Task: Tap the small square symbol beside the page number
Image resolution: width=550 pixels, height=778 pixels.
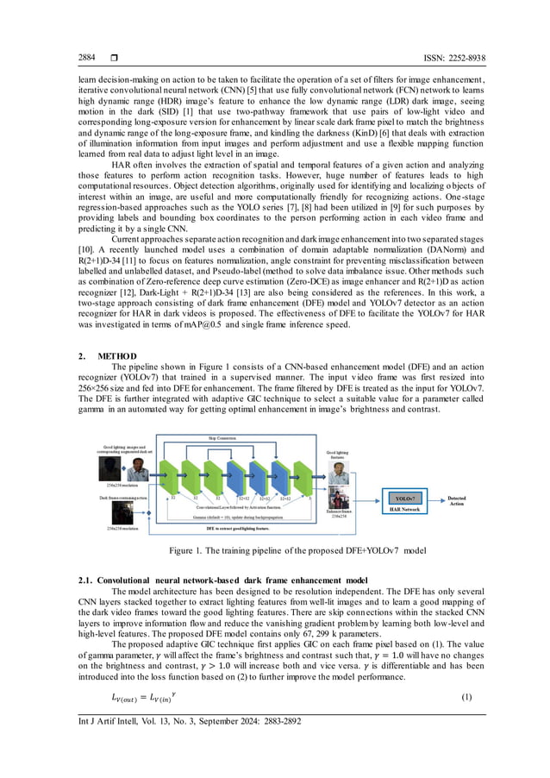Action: point(113,57)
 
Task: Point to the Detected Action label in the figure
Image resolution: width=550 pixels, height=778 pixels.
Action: point(458,499)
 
